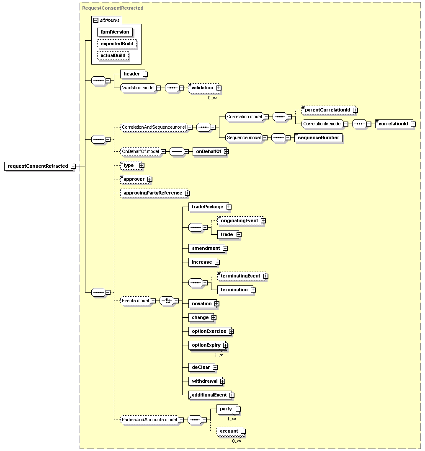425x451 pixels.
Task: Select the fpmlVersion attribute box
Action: click(x=115, y=32)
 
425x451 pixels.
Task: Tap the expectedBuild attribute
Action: click(x=117, y=44)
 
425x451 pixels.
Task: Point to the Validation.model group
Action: click(x=138, y=88)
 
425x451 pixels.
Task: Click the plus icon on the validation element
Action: click(x=219, y=88)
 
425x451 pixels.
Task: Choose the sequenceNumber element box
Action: click(x=318, y=137)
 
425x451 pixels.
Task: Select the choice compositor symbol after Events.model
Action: click(x=167, y=301)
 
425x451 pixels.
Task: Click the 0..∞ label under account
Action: click(x=237, y=441)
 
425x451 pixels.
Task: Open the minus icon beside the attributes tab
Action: click(x=96, y=21)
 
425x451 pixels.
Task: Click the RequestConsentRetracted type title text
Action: click(x=113, y=8)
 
